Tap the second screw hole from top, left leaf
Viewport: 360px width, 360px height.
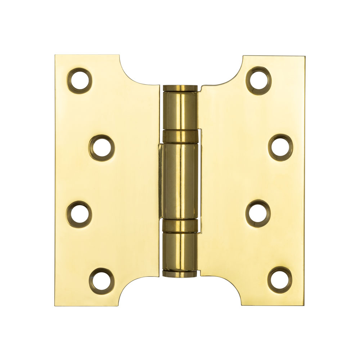pos(101,148)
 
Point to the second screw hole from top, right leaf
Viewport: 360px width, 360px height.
pos(280,147)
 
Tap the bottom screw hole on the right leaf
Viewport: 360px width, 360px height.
pos(280,279)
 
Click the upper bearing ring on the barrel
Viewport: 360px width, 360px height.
pos(180,136)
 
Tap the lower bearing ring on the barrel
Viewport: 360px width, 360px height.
pos(180,225)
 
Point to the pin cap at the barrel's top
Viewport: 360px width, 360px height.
pos(180,87)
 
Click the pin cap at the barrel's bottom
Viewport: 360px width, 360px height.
pos(180,274)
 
